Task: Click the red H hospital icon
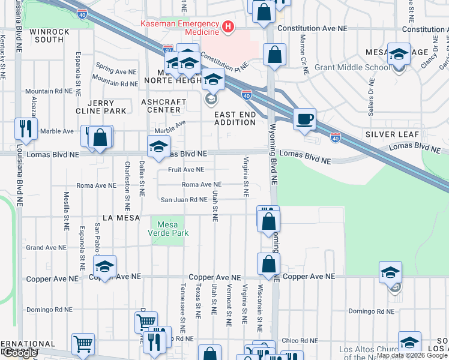click(x=228, y=26)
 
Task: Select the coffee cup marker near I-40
click(x=305, y=118)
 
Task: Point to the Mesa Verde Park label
click(x=169, y=229)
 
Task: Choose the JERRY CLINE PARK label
click(x=101, y=107)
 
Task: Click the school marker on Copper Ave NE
click(x=104, y=266)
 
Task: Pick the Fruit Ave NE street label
click(x=186, y=170)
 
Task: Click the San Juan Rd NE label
click(x=183, y=200)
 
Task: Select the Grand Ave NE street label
click(x=45, y=247)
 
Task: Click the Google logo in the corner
click(x=20, y=353)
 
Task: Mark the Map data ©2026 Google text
click(x=411, y=355)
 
